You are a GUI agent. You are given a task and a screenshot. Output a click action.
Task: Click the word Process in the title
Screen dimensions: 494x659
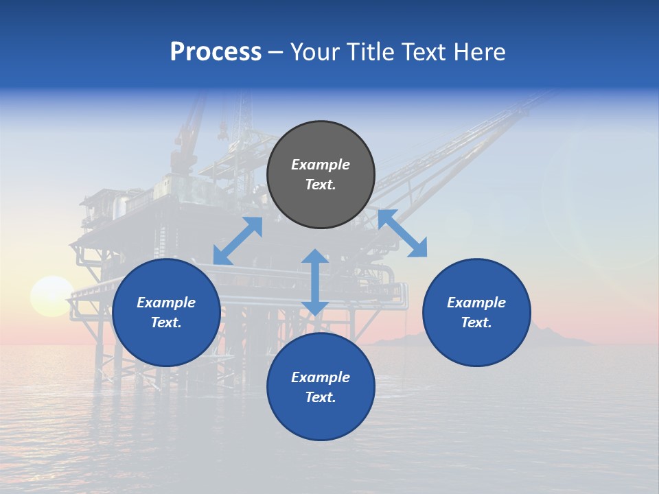[216, 52]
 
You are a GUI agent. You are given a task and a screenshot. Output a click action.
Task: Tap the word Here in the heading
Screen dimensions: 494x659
[478, 52]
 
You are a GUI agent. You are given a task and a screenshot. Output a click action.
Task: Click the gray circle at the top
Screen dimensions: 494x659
[321, 175]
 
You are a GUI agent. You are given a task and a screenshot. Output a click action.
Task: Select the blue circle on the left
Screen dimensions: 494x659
[166, 312]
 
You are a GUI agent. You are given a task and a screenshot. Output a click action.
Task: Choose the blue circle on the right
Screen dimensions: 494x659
[476, 312]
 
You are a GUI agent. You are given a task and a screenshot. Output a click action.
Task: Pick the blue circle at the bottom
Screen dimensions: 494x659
[321, 386]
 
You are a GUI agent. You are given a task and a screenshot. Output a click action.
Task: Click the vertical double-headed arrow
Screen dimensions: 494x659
[315, 282]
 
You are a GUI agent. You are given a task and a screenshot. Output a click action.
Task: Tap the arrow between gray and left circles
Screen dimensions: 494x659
[238, 241]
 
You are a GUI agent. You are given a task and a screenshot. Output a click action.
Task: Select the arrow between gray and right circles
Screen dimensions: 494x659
[402, 233]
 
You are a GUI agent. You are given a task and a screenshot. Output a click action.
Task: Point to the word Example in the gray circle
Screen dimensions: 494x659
[321, 165]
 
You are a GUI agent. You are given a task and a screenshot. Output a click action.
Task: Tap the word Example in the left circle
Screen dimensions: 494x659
[166, 303]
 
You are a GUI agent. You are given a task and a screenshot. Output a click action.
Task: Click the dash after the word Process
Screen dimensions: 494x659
[276, 52]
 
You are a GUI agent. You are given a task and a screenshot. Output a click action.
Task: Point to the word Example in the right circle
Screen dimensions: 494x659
[476, 303]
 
